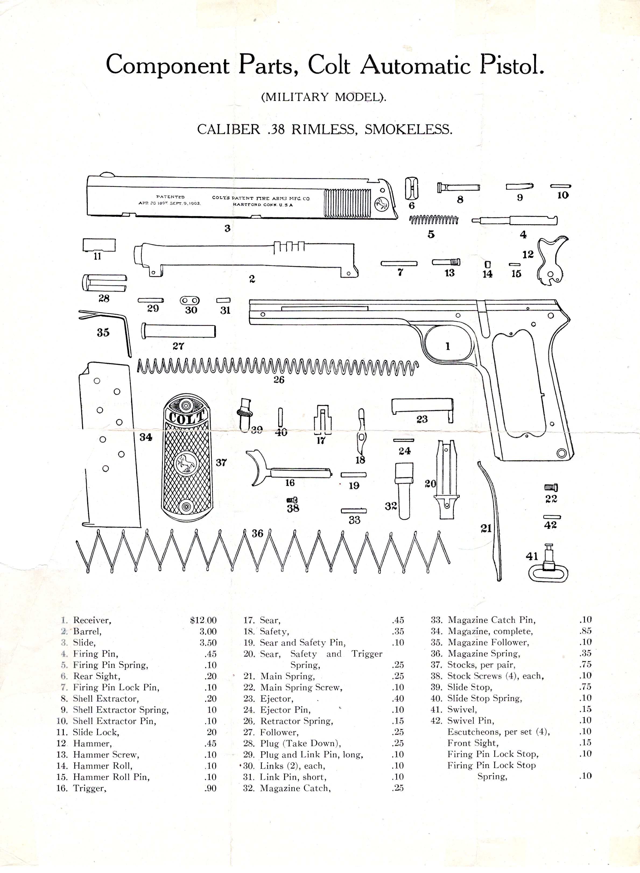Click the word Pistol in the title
[x=512, y=65]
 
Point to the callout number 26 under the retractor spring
[x=279, y=380]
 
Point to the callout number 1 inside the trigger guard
[x=448, y=346]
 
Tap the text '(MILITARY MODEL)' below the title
[x=324, y=97]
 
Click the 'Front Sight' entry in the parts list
[x=473, y=743]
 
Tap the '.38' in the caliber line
[x=276, y=129]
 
